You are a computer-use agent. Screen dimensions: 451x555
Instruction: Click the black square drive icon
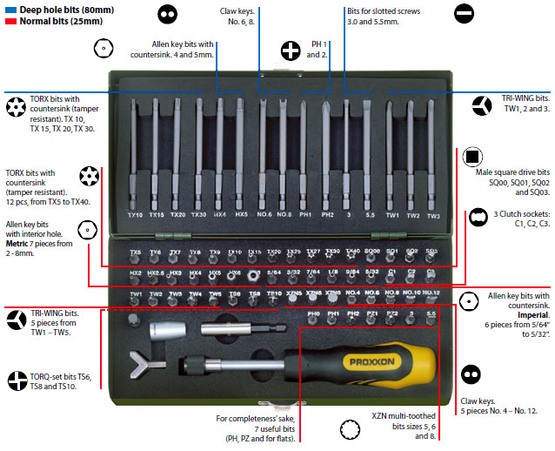pos(473,158)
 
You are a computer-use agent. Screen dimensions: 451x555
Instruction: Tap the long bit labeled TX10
pos(135,157)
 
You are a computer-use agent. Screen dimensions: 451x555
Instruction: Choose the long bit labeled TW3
pos(432,157)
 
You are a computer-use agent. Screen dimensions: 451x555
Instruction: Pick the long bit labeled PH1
pos(305,157)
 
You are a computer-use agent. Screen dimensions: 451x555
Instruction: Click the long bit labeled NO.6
pos(263,157)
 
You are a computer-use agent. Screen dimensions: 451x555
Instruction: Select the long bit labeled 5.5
pos(370,157)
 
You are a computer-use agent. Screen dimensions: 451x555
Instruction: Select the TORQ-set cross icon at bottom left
pos(17,380)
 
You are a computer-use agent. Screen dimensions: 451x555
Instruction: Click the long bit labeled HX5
pos(241,157)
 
